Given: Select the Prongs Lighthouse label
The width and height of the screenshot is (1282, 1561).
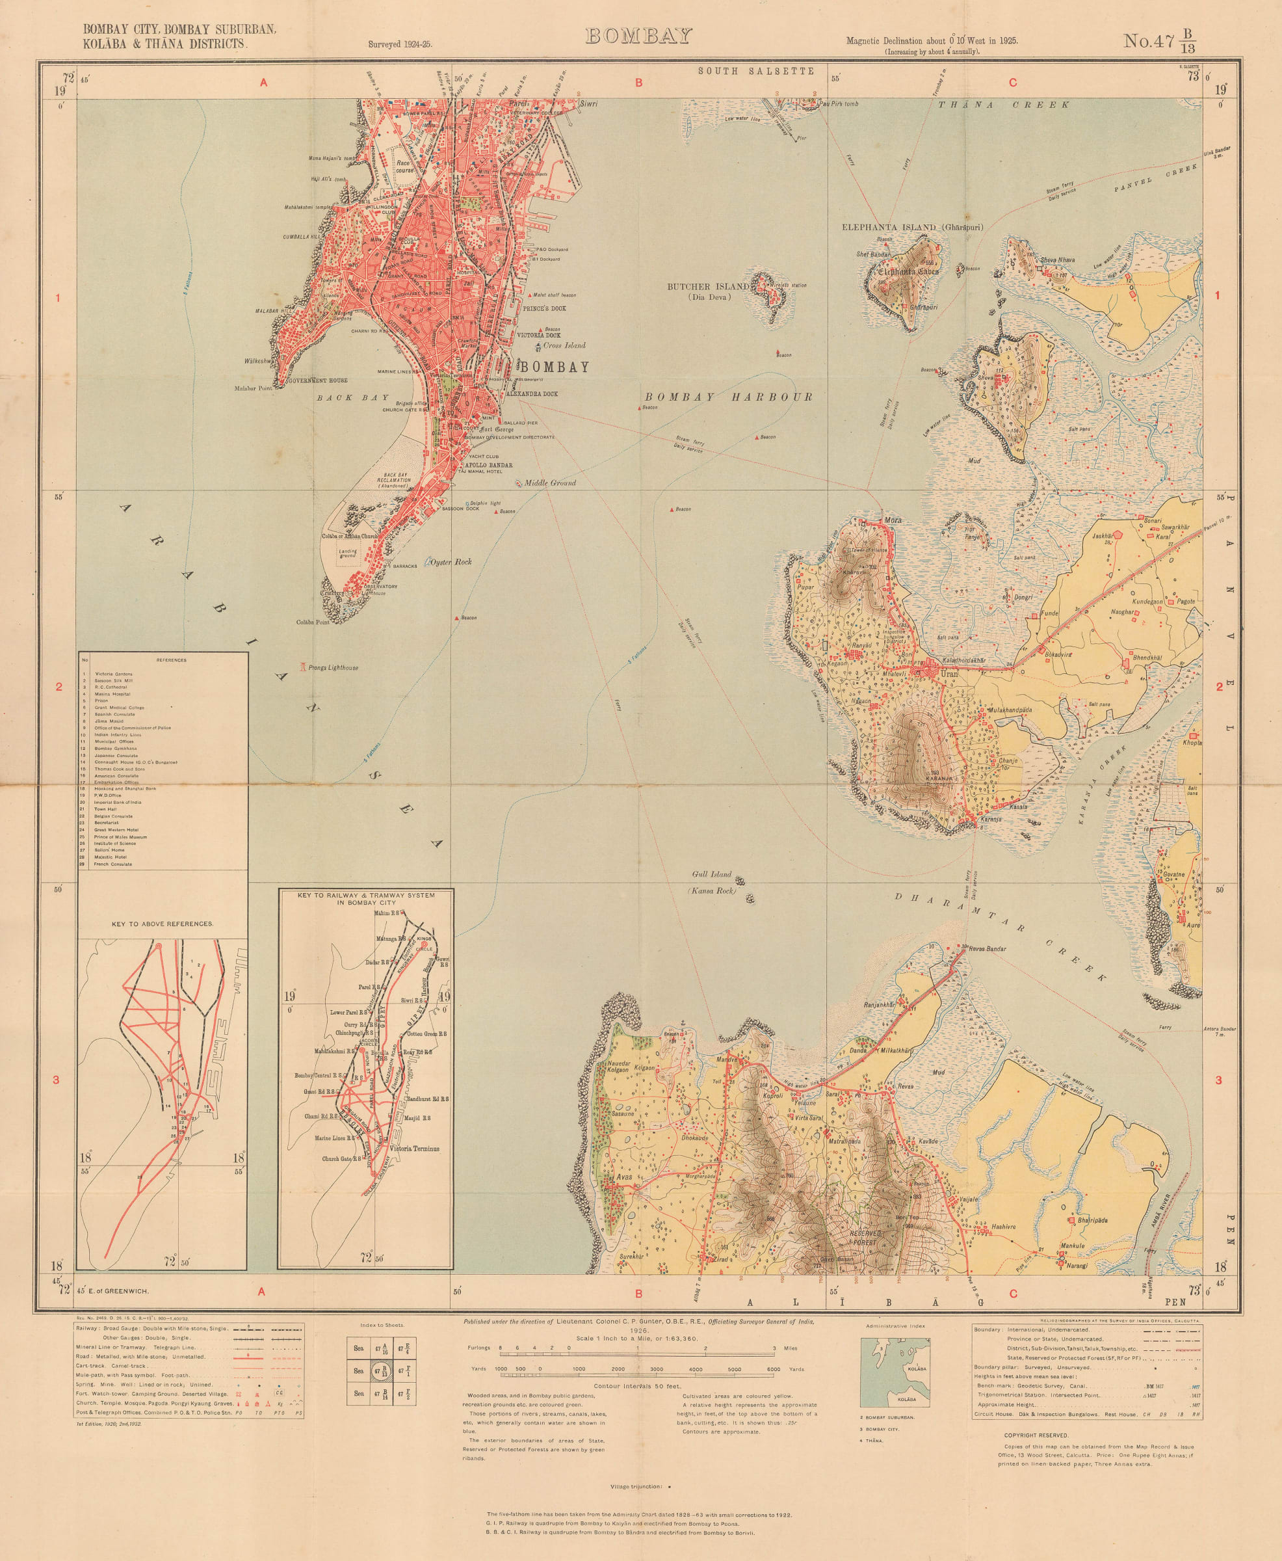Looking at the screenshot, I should pos(332,668).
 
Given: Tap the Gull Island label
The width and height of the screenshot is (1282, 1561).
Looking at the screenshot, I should pos(711,874).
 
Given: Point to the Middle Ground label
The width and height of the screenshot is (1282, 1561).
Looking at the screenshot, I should pos(549,483).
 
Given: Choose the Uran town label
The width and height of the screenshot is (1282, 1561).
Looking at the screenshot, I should pos(949,674).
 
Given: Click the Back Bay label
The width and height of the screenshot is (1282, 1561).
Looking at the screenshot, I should pos(352,397).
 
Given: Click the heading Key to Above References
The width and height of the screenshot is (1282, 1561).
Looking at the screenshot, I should pos(163,924).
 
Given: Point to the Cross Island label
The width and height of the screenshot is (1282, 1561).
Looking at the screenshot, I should pos(564,345).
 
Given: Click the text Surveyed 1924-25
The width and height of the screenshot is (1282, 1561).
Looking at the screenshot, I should pos(400,44).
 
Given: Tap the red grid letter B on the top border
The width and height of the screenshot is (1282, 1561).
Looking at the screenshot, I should pos(639,83).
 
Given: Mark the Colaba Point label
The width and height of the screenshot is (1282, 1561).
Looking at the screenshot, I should pos(313,622).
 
